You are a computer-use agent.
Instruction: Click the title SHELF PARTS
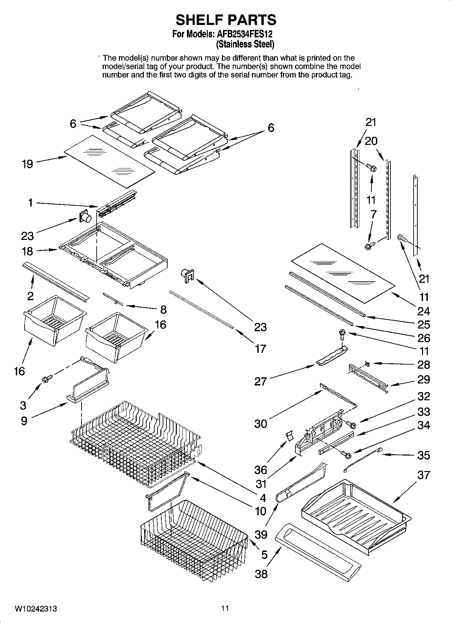tap(226, 20)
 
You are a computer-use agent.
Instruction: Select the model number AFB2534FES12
tap(245, 34)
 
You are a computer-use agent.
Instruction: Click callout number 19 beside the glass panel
tap(28, 164)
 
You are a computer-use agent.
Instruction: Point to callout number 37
tap(424, 475)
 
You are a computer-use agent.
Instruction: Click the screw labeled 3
tap(45, 379)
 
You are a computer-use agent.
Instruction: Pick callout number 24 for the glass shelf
tap(424, 311)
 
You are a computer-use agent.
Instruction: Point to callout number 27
tap(260, 381)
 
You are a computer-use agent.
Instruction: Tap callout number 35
tap(424, 455)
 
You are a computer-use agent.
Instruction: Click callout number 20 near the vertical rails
tap(371, 141)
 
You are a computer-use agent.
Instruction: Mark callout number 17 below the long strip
tap(260, 349)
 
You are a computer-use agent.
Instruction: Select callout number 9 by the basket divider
tap(24, 421)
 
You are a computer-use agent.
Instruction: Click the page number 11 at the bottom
tap(225, 609)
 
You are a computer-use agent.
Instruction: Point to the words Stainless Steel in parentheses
tap(245, 44)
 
